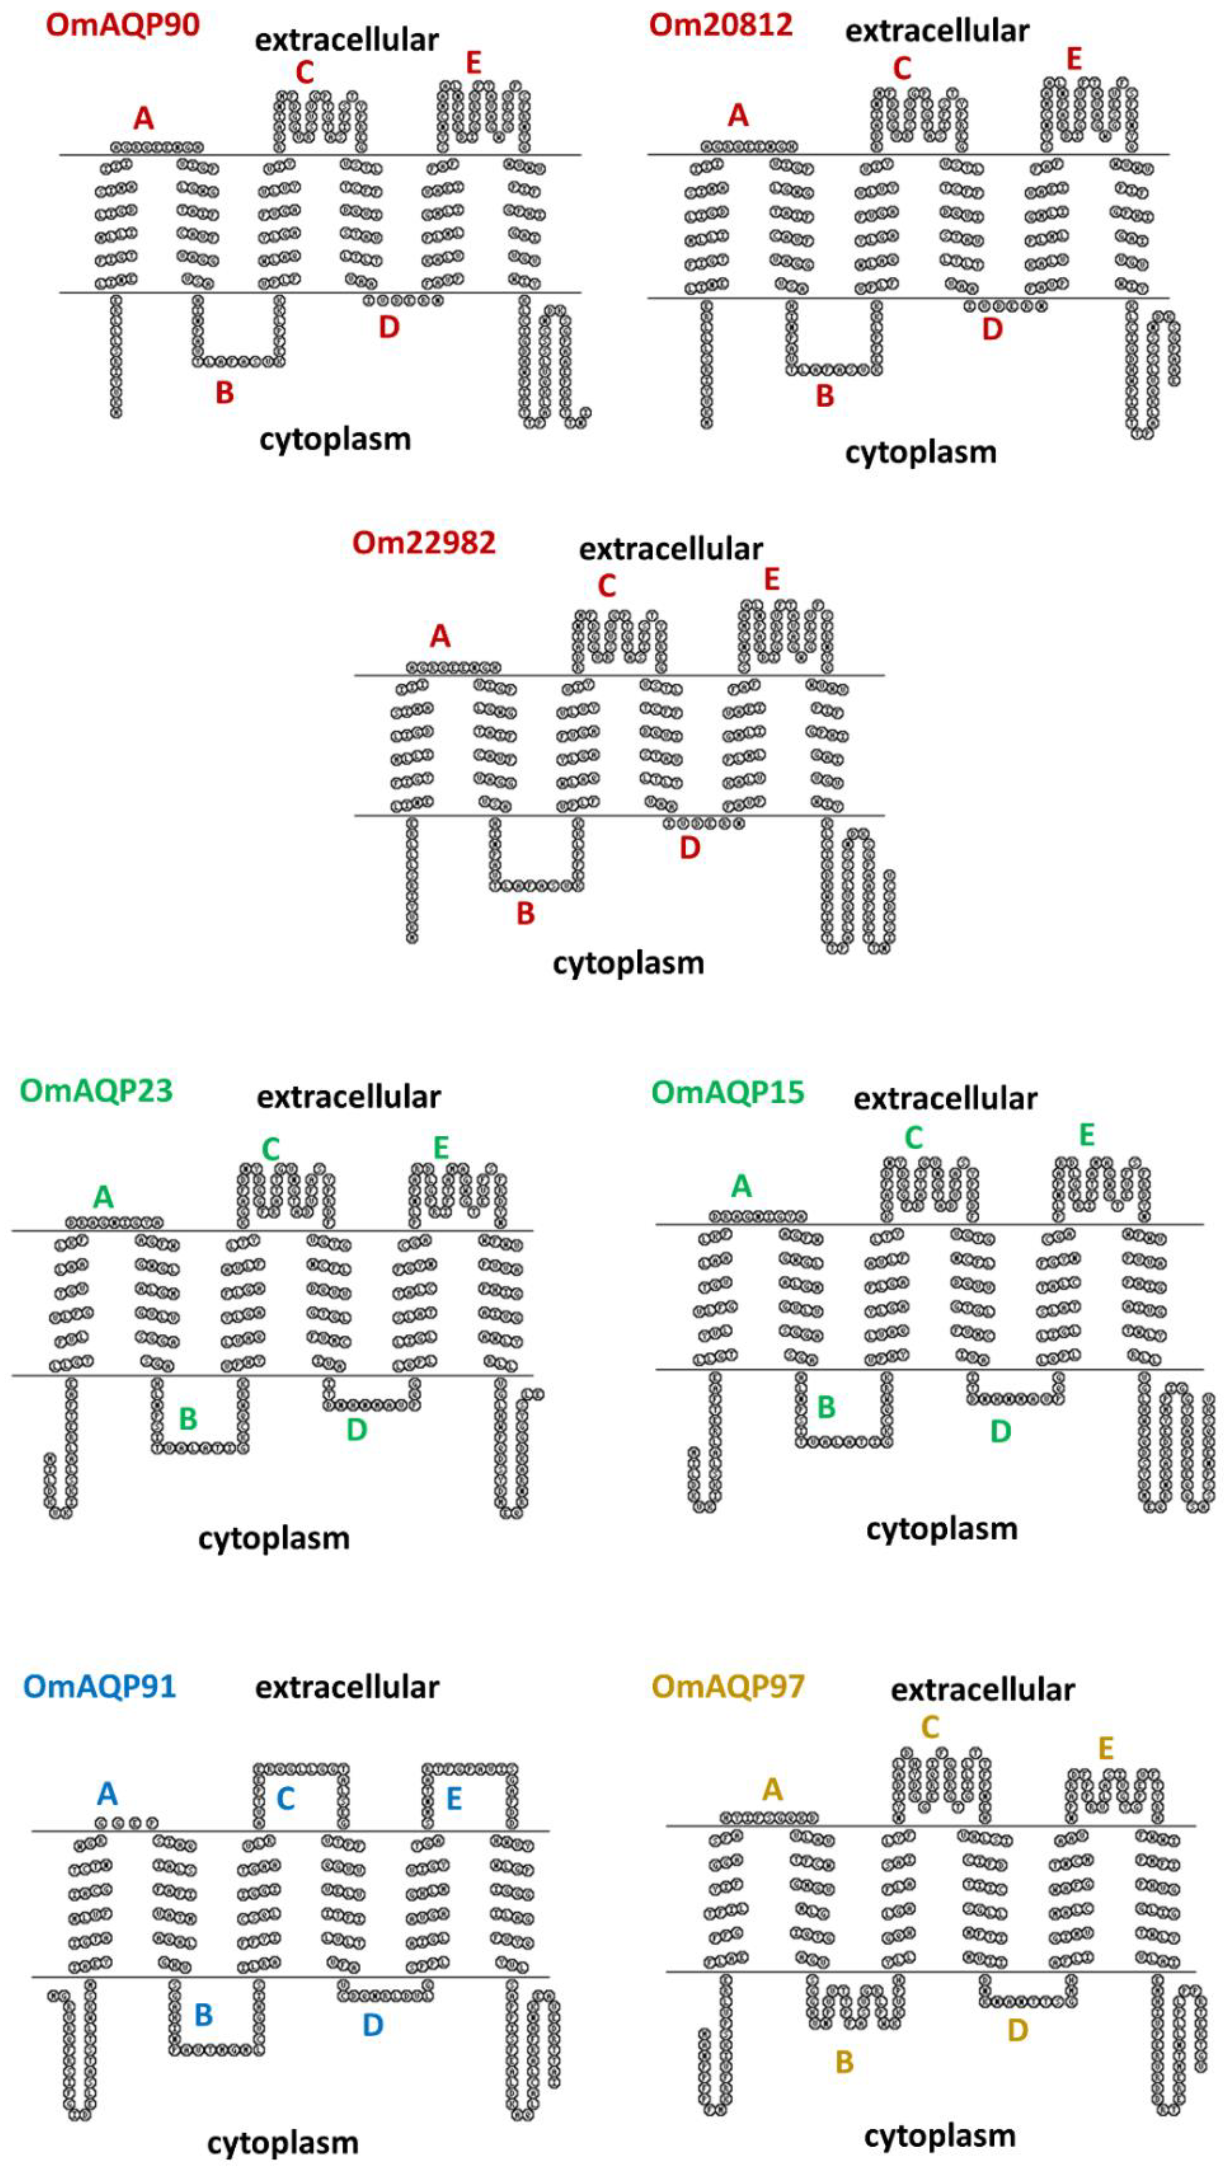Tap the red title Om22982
(x=424, y=542)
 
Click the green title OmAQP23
(x=96, y=1090)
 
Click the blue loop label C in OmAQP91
(x=286, y=1799)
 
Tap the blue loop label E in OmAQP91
(x=453, y=1799)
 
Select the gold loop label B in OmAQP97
(x=844, y=2062)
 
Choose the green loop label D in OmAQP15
(x=1000, y=1430)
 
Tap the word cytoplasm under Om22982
(x=628, y=962)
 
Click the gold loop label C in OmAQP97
(x=930, y=1703)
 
